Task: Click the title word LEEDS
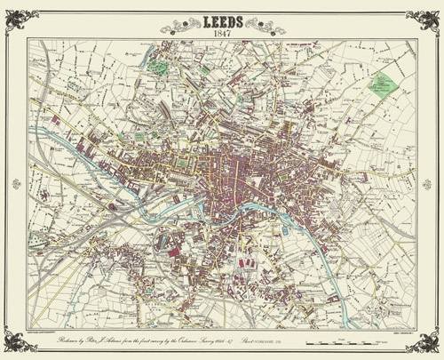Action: [x=222, y=15]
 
